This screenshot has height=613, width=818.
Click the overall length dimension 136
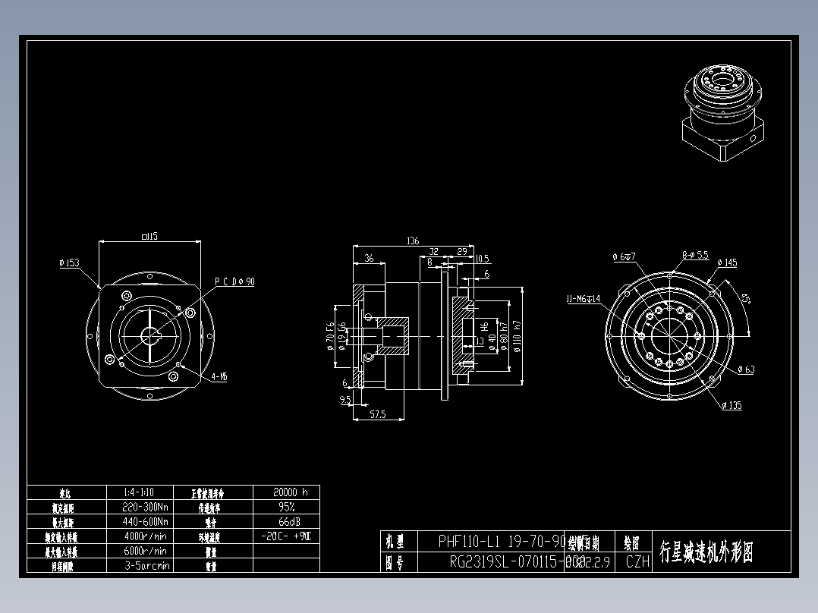tap(413, 241)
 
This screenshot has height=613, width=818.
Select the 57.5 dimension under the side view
tap(377, 414)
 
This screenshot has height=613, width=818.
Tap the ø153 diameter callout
tap(69, 263)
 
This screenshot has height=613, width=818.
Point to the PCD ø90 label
tap(234, 281)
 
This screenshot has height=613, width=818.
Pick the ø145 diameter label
tap(726, 263)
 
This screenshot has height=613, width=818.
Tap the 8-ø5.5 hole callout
tap(694, 256)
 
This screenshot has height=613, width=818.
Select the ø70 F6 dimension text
tap(330, 335)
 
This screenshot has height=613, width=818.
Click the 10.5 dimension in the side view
tap(482, 259)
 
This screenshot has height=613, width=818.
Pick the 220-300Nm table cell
tap(145, 507)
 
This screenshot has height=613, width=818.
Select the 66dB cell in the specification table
tap(286, 521)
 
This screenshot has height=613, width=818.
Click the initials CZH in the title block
tap(637, 562)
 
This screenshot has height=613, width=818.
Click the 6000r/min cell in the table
tap(145, 551)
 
